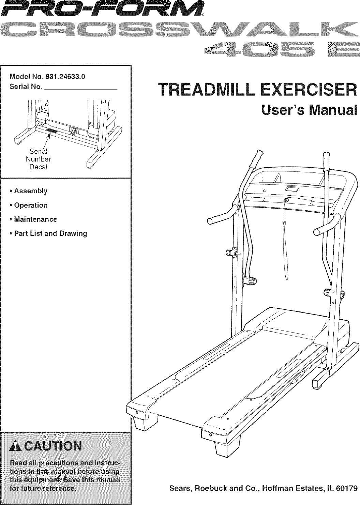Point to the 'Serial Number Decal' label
tap(38, 159)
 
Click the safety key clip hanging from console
tap(284, 224)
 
